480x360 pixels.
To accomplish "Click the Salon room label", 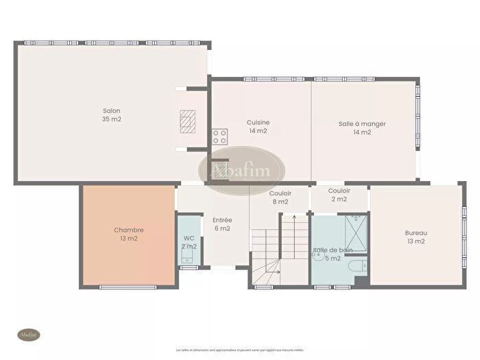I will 112,110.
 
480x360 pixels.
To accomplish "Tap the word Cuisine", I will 258,123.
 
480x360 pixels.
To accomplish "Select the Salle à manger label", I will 361,124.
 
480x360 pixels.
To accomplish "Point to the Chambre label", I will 129,230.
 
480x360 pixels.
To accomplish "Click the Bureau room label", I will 415,232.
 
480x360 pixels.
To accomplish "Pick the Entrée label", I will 221,220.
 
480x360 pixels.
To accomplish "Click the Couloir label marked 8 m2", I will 280,193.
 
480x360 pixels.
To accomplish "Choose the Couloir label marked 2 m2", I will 339,191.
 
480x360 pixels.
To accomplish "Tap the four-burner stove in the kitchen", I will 219,136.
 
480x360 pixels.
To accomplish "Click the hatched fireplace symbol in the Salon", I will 187,121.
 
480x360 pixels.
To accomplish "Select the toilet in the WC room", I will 188,257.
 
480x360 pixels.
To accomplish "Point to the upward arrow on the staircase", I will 293,218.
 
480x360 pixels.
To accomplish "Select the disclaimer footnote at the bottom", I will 240,350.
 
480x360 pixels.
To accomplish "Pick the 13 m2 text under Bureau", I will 415,241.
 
